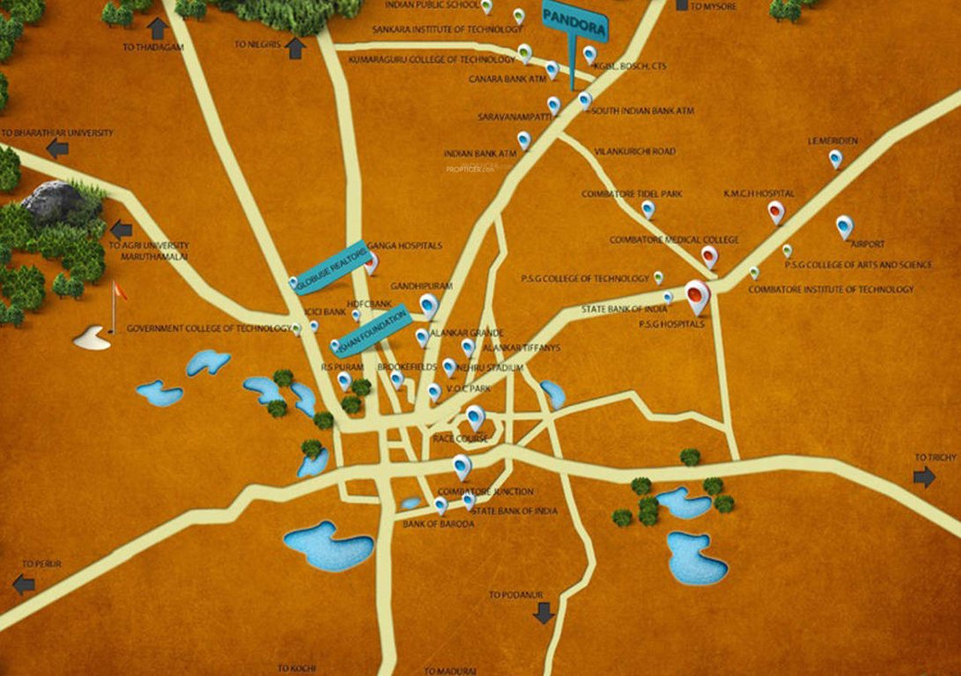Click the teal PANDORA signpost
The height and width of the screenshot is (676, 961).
click(x=574, y=24)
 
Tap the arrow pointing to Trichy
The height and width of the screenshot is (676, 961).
click(x=924, y=477)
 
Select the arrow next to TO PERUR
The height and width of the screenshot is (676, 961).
click(x=24, y=583)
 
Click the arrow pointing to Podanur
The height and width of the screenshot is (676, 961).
click(x=543, y=613)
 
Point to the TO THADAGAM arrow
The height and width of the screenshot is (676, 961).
click(x=159, y=28)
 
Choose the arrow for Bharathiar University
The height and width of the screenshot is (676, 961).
click(x=57, y=148)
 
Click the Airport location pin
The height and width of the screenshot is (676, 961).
click(x=844, y=227)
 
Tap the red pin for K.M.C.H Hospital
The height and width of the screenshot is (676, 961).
click(x=775, y=211)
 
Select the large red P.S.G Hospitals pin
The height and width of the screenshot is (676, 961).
click(x=697, y=296)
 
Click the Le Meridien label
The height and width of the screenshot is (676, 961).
click(x=832, y=141)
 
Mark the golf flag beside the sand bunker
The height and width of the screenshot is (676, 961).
click(x=115, y=304)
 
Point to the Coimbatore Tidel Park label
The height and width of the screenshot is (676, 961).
click(x=632, y=194)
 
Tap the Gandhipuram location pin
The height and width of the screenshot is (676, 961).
click(x=429, y=305)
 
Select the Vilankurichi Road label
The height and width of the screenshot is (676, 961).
click(x=634, y=151)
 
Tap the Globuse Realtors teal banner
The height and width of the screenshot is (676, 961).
click(x=329, y=267)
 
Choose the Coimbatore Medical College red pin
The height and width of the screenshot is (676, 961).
click(x=709, y=256)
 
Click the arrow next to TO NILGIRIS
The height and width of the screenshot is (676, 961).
click(x=295, y=49)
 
